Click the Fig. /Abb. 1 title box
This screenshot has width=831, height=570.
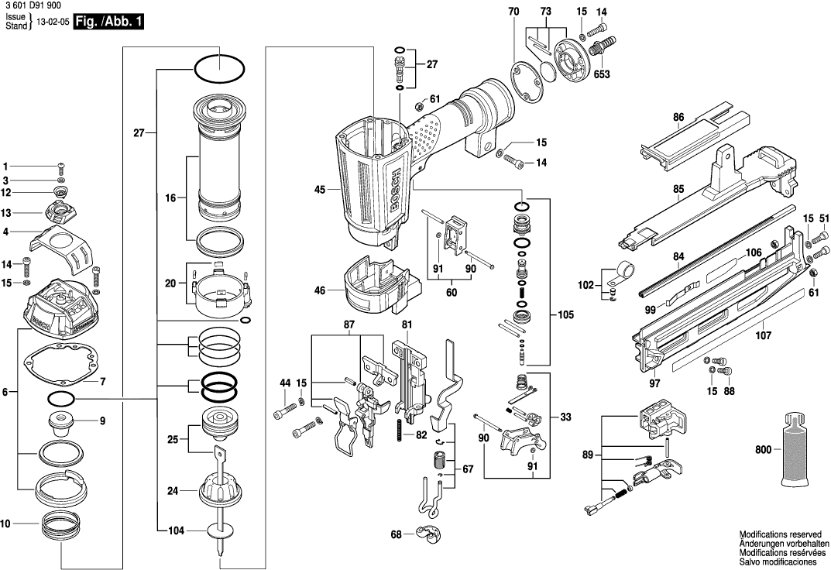pos(108,22)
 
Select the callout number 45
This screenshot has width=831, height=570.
pos(318,187)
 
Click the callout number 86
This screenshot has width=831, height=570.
pos(679,118)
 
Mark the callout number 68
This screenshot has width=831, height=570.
pos(397,534)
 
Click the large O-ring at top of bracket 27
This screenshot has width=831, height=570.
pos(218,68)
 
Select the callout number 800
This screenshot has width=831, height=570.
pos(762,449)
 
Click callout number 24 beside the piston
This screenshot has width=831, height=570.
pos(173,490)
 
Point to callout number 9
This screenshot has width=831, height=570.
pos(102,421)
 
